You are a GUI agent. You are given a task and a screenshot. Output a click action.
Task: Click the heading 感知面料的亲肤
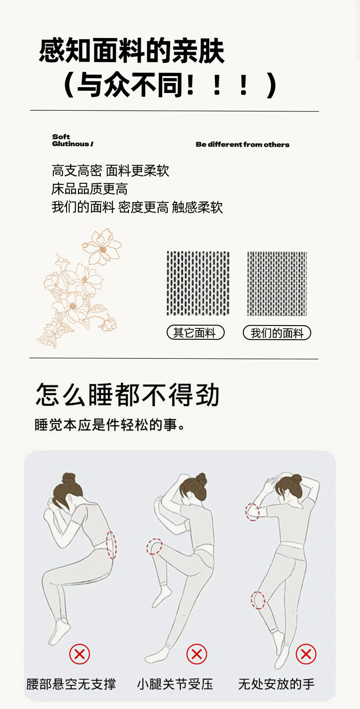tap(132, 51)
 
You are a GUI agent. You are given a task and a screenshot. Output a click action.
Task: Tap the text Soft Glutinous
tap(72, 140)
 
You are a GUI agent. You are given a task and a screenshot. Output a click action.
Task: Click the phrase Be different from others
tap(242, 145)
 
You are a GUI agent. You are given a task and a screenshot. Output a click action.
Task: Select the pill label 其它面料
tap(195, 333)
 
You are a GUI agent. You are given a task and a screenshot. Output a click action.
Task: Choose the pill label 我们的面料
tap(277, 333)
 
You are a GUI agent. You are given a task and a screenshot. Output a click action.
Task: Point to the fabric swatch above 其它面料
tap(198, 283)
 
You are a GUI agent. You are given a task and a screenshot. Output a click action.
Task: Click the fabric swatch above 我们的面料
tap(277, 283)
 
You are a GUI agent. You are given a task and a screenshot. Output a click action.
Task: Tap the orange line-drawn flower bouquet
tap(80, 288)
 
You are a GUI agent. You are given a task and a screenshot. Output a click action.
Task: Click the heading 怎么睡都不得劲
tap(128, 394)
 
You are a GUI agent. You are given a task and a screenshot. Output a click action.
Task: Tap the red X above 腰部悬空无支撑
tap(80, 654)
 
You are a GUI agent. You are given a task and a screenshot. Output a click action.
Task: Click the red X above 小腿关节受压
tap(197, 654)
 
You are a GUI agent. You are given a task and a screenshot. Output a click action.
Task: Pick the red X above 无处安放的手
tap(306, 654)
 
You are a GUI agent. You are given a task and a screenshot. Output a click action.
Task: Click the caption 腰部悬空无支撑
tap(71, 684)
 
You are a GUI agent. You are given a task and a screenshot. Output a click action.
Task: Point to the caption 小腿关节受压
tap(175, 684)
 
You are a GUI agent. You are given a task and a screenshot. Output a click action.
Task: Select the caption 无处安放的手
tap(277, 684)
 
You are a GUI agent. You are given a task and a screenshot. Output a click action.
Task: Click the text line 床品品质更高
tap(89, 189)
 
